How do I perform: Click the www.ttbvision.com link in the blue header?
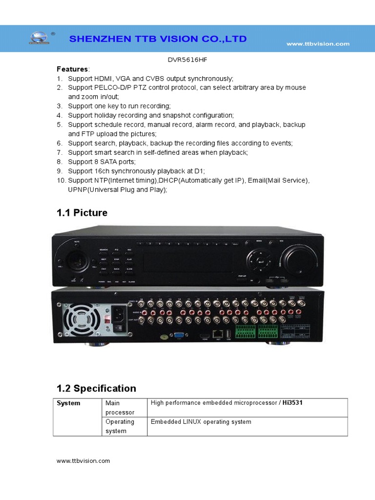point(317,44)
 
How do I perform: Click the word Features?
point(72,69)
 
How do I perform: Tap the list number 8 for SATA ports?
point(59,162)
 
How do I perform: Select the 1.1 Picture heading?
point(82,213)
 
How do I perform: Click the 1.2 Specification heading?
point(96,389)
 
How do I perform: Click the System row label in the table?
point(69,403)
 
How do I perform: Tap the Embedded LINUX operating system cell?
point(201,422)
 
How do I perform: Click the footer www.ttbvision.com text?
point(83,460)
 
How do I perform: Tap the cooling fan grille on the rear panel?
point(78,318)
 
